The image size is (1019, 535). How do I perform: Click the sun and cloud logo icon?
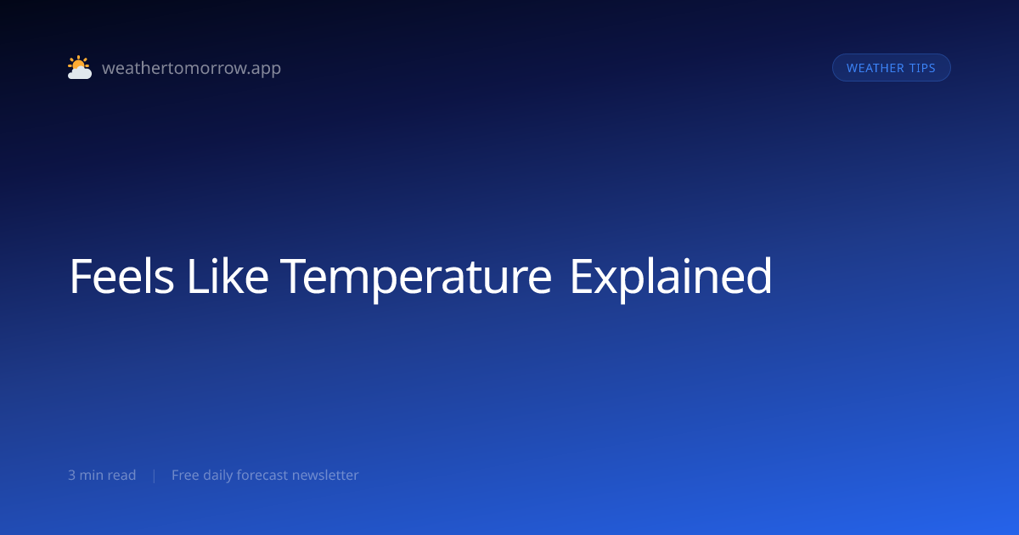pos(80,68)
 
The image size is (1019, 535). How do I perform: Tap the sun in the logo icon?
pos(78,64)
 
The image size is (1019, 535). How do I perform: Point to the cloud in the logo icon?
pos(81,74)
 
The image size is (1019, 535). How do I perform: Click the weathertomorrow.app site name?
pos(191,68)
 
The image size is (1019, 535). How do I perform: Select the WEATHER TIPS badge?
pos(891,68)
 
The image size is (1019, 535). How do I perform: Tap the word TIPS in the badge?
pos(922,68)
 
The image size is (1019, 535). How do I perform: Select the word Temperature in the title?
pos(416,277)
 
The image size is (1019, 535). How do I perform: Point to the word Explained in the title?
pos(670,277)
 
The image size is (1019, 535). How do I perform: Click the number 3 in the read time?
pos(71,476)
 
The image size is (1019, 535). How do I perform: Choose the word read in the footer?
pos(121,476)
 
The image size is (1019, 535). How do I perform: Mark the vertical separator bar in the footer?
pos(154,476)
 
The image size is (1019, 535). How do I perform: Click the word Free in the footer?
pos(185,476)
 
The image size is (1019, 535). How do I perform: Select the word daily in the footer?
pos(219,476)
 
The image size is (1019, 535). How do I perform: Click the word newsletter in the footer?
pos(325,476)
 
